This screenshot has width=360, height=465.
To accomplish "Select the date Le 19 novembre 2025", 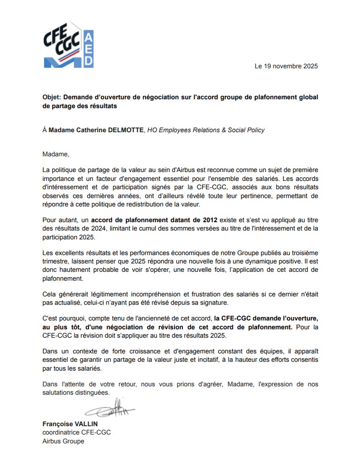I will [x=286, y=66].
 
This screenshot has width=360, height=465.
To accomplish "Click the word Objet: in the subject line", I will [x=52, y=97].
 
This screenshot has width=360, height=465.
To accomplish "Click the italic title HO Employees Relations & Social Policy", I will [x=206, y=130].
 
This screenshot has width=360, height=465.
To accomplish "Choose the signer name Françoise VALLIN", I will [x=70, y=424].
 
